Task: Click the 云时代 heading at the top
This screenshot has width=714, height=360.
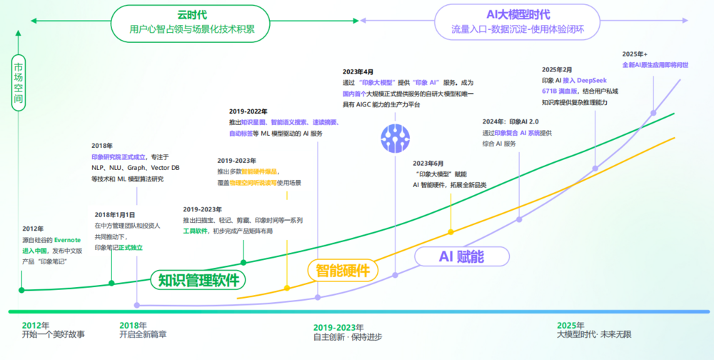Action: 191,14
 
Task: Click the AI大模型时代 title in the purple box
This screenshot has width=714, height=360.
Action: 518,14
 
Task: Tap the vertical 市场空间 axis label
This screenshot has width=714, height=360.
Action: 18,86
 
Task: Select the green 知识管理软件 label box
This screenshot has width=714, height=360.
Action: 198,279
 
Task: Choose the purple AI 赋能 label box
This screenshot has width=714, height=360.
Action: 462,256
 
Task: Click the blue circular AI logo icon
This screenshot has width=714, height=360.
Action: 394,137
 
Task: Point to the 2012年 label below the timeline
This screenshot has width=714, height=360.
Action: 36,325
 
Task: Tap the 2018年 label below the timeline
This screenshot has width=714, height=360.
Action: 134,325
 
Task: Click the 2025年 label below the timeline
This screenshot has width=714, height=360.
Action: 570,325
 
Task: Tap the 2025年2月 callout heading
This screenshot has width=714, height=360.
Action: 558,69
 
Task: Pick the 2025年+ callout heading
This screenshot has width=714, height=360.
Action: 635,54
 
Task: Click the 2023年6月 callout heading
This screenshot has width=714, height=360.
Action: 428,164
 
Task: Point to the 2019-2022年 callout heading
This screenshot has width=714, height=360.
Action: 248,112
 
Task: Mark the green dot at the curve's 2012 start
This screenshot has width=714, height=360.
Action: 21,290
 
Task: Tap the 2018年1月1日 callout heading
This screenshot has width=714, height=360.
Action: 114,214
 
